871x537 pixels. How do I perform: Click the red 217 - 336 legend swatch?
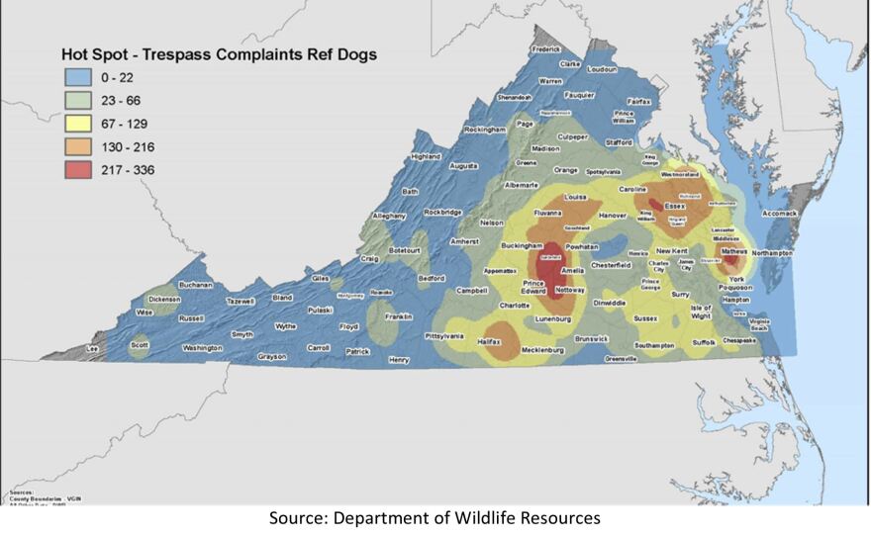(78, 169)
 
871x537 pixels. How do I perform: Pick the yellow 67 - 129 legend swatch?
(78, 124)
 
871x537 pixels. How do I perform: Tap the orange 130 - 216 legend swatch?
(78, 146)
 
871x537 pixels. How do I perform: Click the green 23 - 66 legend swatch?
(78, 101)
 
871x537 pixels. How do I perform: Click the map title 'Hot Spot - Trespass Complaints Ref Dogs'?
(219, 54)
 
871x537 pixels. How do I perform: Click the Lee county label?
(94, 348)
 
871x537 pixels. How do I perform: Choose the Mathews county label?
(733, 252)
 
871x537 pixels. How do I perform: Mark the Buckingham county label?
(523, 245)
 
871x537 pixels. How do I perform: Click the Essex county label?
(675, 206)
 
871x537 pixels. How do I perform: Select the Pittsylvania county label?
(443, 336)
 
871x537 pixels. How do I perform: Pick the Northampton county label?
(772, 253)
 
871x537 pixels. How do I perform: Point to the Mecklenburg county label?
(542, 349)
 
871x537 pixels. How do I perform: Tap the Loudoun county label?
(602, 70)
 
